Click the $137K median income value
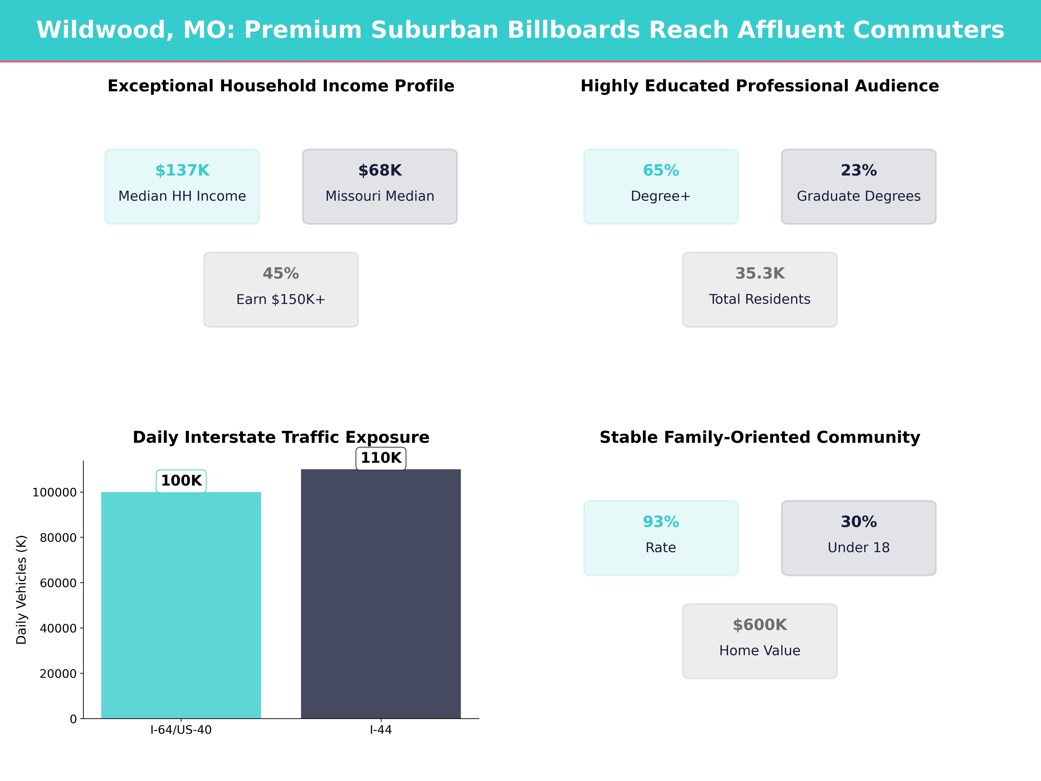(182, 171)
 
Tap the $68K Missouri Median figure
(380, 171)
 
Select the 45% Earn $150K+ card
(281, 290)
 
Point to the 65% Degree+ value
(661, 171)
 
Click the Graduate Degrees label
(858, 196)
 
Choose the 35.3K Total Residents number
(759, 274)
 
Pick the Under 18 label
(858, 548)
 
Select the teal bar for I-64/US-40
(181, 605)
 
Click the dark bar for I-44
(381, 593)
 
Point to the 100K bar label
(181, 481)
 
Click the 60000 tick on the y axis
(58, 583)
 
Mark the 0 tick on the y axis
(73, 719)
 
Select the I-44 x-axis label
(381, 730)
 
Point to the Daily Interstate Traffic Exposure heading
(281, 437)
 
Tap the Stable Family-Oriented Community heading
(759, 437)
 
